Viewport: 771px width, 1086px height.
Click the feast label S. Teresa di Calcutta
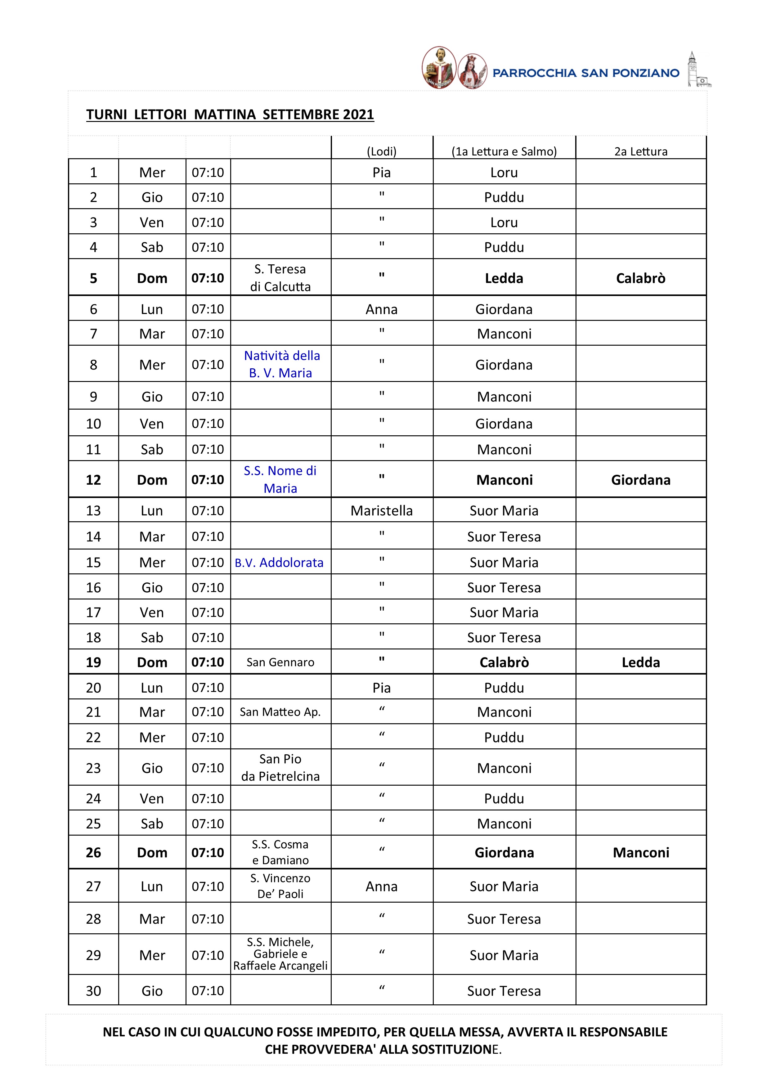pos(280,278)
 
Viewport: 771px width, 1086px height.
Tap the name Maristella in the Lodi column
pos(381,511)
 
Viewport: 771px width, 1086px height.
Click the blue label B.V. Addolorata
pos(279,563)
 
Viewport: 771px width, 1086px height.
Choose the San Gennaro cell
pos(280,662)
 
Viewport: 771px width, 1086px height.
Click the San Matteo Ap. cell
pos(280,712)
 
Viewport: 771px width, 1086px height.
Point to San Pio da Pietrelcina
pos(280,768)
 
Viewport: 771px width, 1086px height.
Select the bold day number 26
pos(93,852)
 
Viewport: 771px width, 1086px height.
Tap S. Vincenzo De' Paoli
pos(280,886)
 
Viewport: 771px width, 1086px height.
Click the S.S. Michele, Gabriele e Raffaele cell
pos(280,954)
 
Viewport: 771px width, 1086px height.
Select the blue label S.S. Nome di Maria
pos(280,479)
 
